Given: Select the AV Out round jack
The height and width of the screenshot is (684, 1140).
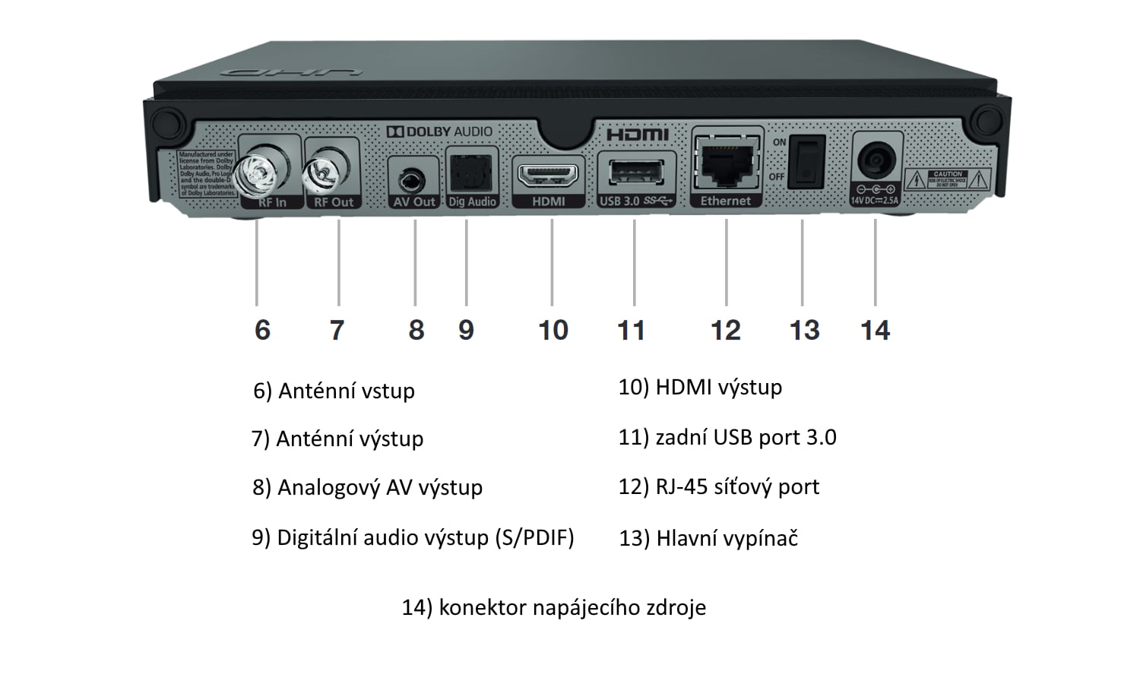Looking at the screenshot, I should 413,181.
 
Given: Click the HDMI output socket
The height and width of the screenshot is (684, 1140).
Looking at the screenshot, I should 548,176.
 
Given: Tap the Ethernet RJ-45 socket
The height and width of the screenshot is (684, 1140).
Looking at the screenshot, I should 726,162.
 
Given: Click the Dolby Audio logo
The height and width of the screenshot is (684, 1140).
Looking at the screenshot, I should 439,131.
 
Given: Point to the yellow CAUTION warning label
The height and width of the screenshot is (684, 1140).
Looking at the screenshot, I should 948,179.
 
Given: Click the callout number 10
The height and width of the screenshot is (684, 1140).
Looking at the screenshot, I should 553,330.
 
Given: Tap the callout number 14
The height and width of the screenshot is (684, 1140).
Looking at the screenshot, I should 875,330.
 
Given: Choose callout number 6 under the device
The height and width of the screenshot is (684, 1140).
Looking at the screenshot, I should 262,330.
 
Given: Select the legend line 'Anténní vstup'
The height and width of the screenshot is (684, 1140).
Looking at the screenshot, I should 346,391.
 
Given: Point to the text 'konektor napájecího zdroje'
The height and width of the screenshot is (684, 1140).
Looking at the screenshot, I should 572,607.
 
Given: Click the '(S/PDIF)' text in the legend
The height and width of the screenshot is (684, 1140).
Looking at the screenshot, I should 534,537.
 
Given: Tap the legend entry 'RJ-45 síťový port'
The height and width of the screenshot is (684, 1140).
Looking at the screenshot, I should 737,486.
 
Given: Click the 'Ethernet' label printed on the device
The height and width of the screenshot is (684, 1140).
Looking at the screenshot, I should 725,201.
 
